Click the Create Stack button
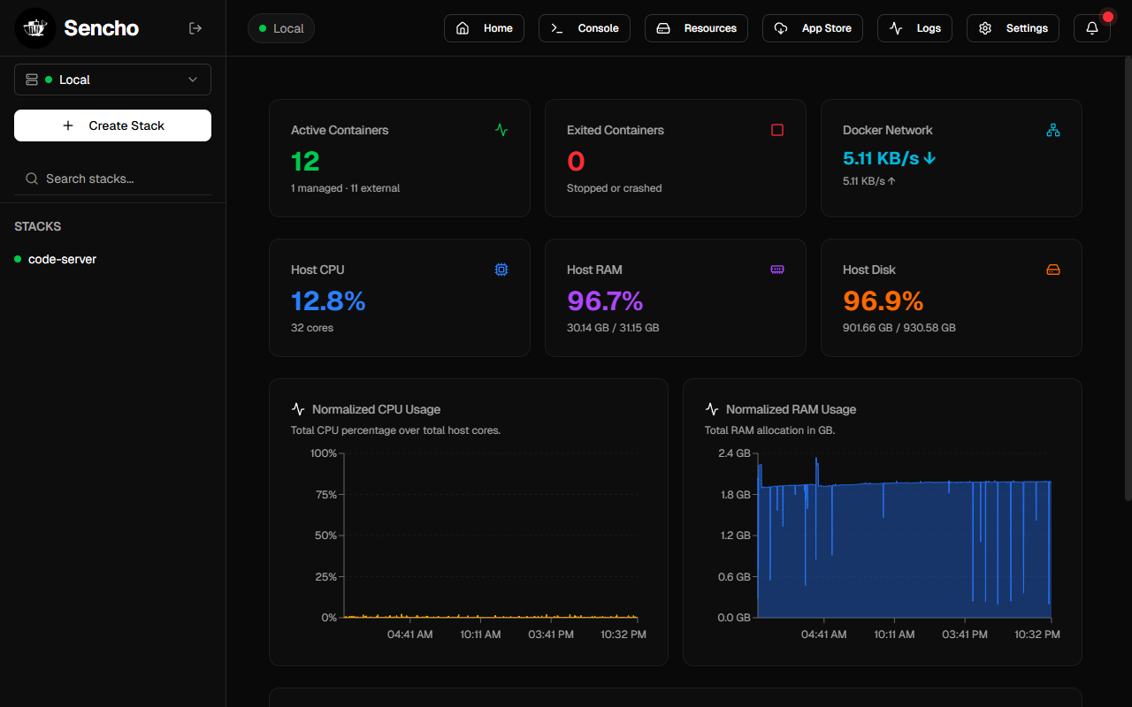tap(112, 125)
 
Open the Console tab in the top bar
tap(585, 28)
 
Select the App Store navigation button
tap(812, 28)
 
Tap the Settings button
tap(1013, 28)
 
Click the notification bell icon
tap(1091, 28)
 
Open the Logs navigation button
tap(914, 28)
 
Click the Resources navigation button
tap(696, 28)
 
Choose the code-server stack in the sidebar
tap(62, 259)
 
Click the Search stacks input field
tap(112, 179)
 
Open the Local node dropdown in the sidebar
tap(112, 80)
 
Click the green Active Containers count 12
tap(305, 162)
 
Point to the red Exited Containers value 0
tap(576, 162)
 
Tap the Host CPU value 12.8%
tap(328, 301)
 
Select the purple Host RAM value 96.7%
tap(605, 301)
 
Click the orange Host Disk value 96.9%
tap(883, 301)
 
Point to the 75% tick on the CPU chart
tap(326, 494)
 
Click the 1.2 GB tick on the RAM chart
tap(735, 536)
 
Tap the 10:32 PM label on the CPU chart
tap(623, 635)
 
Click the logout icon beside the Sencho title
tap(195, 28)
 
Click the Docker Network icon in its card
tap(1053, 130)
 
